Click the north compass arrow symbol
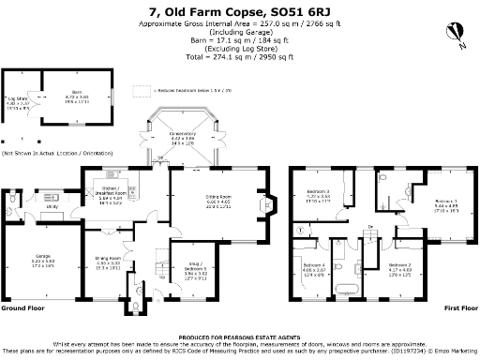[457, 35]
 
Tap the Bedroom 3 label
[318, 197]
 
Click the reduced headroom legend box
[142, 92]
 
